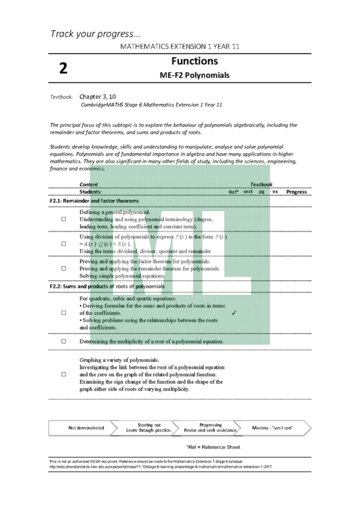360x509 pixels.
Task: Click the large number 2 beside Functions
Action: point(63,68)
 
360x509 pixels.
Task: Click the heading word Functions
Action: point(194,61)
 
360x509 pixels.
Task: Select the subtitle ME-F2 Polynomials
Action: point(194,75)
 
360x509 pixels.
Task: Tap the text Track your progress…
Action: point(95,34)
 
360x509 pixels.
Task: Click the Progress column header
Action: point(296,192)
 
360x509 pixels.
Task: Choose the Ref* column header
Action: point(233,192)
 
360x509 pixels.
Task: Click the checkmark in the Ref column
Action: point(233,313)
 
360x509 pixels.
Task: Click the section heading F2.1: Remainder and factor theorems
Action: point(94,200)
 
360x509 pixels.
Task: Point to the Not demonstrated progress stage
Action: point(86,428)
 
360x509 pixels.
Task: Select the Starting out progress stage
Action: point(149,428)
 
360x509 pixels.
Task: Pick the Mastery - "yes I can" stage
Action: point(273,428)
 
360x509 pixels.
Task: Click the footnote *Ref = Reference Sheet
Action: point(213,447)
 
